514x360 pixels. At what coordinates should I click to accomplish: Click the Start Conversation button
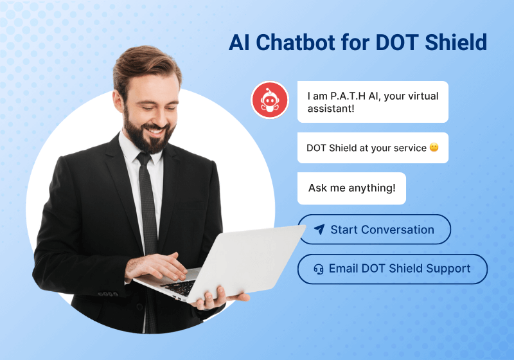coord(375,230)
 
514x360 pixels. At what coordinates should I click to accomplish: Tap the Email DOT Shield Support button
coord(393,269)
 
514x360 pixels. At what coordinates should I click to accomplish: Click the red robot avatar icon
coord(270,100)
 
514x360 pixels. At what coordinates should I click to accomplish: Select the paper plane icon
coord(319,230)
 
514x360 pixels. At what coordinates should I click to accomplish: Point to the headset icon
coord(319,269)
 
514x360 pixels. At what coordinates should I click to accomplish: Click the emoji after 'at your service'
coord(434,148)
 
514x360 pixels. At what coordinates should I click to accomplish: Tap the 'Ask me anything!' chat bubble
coord(351,188)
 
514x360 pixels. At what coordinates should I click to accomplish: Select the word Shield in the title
coord(456,42)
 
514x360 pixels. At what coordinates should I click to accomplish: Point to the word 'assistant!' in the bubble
coord(331,109)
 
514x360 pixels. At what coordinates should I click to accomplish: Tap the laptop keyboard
coord(179,287)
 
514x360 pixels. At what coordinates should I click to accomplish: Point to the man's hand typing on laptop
coord(157,265)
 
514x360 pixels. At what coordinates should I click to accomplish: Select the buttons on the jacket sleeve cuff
coord(108,294)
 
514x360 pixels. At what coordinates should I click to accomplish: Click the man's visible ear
coord(118,101)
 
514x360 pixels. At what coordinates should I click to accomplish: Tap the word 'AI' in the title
coord(239,42)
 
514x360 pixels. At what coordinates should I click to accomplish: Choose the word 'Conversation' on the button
coord(398,230)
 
